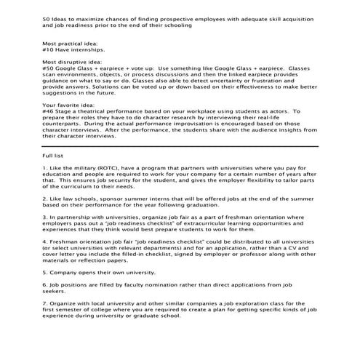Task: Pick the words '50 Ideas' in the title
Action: click(x=56, y=17)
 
